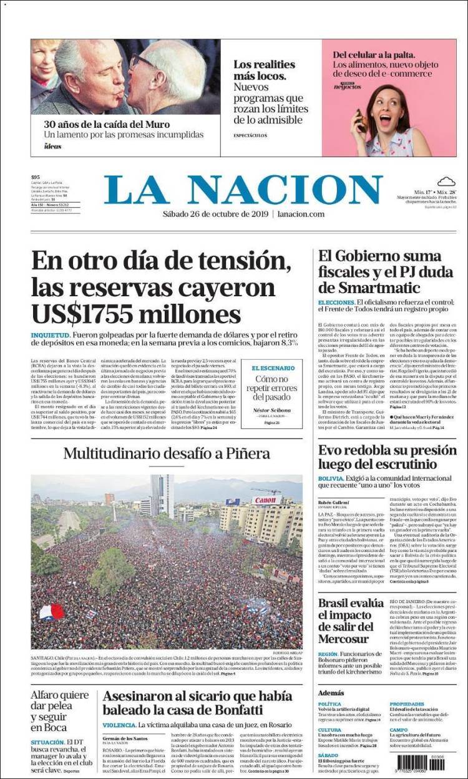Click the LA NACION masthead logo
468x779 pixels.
click(243, 190)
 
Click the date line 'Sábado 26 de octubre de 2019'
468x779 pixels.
click(216, 214)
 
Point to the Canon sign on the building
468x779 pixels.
click(266, 500)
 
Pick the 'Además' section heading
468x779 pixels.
click(331, 692)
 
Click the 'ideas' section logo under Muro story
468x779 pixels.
click(52, 147)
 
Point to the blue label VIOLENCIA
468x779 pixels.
click(119, 725)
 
